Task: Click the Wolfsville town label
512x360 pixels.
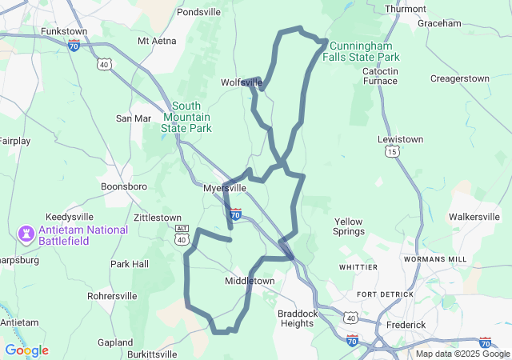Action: tap(241, 82)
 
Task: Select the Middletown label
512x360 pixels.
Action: tap(250, 282)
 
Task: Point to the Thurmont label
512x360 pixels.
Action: tap(405, 9)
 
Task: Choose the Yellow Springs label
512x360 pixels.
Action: tap(348, 226)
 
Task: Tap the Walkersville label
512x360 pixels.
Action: tap(474, 217)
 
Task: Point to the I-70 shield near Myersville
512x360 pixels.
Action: tap(235, 214)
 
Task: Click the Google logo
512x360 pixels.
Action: tap(27, 350)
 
